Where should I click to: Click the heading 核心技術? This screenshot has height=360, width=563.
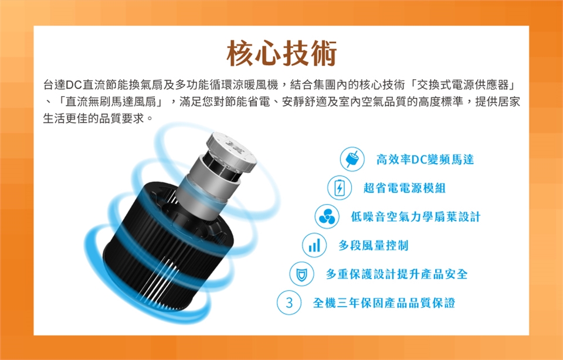point(282,53)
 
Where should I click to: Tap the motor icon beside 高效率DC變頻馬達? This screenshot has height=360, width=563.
point(352,159)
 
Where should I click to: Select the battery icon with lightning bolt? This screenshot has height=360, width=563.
point(340,188)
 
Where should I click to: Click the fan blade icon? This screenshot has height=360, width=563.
point(327,216)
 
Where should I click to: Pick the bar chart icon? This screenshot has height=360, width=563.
point(314,245)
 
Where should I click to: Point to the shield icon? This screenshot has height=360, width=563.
point(301,274)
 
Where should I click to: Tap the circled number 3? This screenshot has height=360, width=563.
point(289,303)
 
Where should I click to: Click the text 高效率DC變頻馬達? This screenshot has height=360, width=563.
point(425,159)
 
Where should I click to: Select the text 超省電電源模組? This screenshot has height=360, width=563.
point(405,188)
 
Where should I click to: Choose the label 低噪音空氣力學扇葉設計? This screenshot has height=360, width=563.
point(415,216)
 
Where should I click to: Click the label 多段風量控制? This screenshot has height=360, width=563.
point(374,245)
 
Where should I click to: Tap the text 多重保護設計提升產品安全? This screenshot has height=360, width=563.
point(397,274)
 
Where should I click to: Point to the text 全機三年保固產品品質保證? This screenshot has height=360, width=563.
point(384,303)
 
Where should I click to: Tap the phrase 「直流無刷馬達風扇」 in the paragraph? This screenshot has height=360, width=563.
point(111,102)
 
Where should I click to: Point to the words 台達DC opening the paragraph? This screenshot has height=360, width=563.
point(63,85)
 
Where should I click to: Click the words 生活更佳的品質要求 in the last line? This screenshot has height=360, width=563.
point(93,118)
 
